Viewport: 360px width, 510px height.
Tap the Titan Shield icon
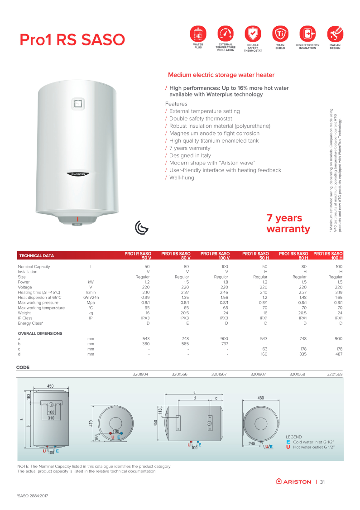click(280, 34)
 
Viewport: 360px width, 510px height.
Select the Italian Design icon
click(335, 34)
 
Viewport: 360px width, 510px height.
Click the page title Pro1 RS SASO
click(72, 40)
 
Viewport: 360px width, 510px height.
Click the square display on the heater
click(78, 104)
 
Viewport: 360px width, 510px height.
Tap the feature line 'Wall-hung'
click(182, 178)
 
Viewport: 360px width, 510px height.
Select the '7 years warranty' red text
click(288, 223)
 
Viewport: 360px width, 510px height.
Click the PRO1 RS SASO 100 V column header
click(215, 255)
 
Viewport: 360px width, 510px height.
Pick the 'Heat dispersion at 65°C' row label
click(39, 298)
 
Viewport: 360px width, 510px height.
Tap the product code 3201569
click(335, 375)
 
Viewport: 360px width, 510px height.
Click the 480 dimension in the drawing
click(260, 398)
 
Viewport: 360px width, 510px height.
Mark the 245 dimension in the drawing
click(252, 444)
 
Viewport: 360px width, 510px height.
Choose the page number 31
click(322, 481)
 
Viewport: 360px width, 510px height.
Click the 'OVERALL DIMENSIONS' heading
click(40, 333)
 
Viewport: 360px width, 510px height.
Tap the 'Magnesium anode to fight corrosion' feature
click(214, 133)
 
